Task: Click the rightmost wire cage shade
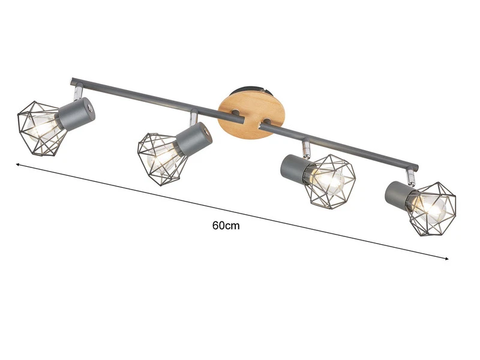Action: [431, 207]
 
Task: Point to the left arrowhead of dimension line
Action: [18, 163]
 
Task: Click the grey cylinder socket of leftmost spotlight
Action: [75, 114]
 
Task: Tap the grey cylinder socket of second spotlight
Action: [194, 139]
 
